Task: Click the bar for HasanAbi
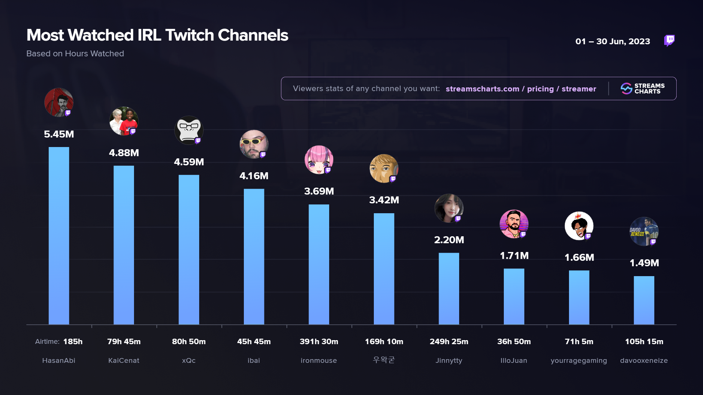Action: [x=59, y=236]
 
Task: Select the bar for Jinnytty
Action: [x=449, y=289]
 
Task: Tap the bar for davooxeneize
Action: [x=644, y=300]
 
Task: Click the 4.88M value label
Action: [x=124, y=153]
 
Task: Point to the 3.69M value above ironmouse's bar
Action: [x=319, y=191]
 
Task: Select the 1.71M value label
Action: [x=514, y=256]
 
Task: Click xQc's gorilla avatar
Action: [x=189, y=130]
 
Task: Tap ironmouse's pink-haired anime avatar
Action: [x=319, y=160]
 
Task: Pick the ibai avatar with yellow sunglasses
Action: [x=254, y=144]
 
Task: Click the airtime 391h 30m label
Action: [x=319, y=342]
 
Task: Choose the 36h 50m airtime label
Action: [x=514, y=342]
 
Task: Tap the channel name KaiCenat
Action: [x=124, y=361]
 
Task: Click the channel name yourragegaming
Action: [x=579, y=361]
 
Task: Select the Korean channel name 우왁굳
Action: [x=384, y=360]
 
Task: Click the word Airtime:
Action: [x=47, y=342]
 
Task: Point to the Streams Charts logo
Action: [x=643, y=89]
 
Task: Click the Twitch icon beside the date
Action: [x=669, y=40]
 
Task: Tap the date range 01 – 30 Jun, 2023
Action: [x=613, y=41]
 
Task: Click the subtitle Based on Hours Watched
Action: [x=75, y=54]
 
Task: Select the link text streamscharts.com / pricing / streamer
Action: [x=521, y=89]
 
